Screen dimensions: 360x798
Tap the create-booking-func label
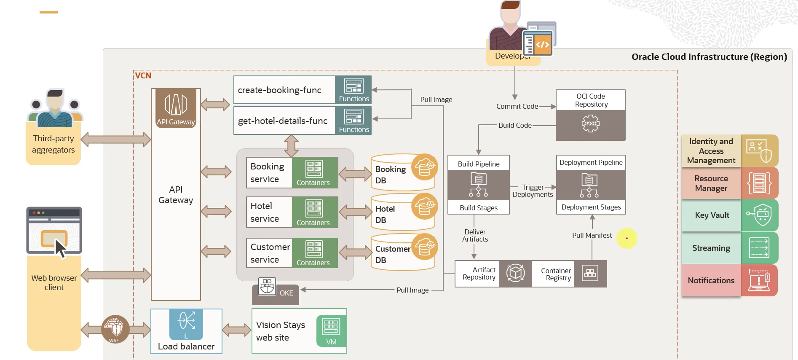280,90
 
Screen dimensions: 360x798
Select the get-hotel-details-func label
283,121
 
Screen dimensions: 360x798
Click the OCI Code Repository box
591,115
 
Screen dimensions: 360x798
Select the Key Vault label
712,215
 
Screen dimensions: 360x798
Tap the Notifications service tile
729,280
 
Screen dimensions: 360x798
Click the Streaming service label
711,248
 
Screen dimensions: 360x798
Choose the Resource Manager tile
729,183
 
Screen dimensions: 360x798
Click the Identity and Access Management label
711,151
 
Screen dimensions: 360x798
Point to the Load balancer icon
186,321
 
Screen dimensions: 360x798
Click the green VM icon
331,330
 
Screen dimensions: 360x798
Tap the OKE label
286,293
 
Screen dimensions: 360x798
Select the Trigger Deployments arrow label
533,191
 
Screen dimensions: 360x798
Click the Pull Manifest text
592,235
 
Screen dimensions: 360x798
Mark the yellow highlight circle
627,238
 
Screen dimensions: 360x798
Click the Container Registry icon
590,274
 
